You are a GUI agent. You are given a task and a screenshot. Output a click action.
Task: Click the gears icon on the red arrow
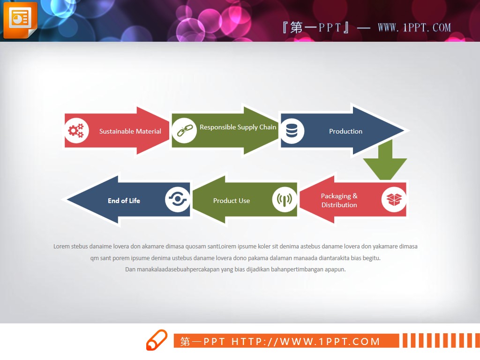76,131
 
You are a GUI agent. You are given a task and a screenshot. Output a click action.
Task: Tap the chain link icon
185,131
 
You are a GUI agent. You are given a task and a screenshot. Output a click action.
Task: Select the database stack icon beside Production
292,131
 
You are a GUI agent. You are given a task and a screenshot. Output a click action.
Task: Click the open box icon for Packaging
394,200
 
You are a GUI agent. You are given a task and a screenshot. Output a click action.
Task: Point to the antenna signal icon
285,200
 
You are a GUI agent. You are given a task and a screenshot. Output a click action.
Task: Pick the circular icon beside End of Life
177,200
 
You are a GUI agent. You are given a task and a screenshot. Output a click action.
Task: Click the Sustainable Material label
130,131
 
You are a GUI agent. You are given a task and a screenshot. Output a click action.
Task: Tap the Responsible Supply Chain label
238,127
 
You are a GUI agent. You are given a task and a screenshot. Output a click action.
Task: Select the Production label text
345,131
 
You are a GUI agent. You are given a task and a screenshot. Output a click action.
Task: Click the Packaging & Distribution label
339,200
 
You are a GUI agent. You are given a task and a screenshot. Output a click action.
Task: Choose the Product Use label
232,201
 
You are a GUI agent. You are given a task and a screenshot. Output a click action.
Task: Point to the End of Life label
124,201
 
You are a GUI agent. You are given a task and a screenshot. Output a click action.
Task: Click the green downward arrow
385,160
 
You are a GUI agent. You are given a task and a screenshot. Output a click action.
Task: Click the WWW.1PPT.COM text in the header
414,28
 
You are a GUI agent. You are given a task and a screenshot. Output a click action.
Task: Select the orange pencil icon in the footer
157,340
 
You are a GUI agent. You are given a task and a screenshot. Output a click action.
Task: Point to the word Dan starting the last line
130,270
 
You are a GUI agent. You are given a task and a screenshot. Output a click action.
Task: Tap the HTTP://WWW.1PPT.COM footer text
306,341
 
